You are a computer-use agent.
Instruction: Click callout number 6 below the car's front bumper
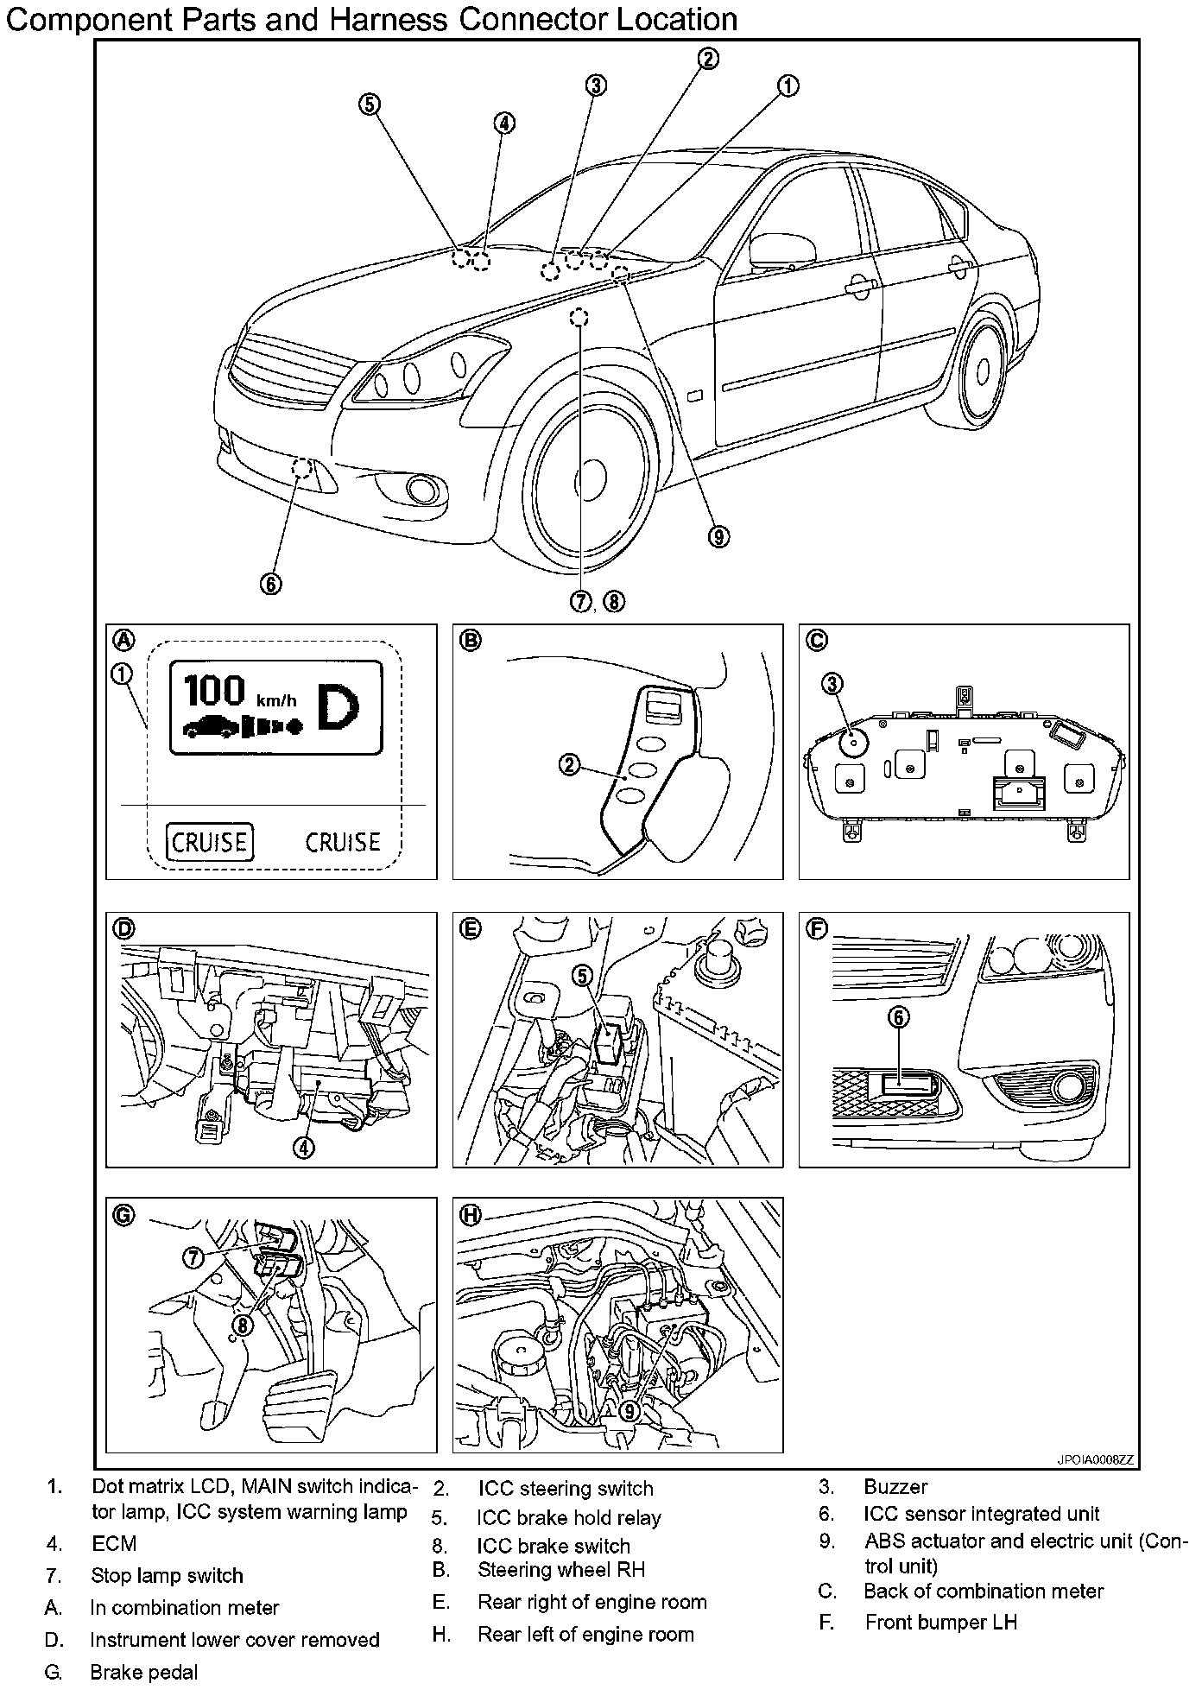[270, 584]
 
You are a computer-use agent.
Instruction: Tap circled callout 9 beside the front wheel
[718, 536]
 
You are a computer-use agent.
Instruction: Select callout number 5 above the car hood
[369, 104]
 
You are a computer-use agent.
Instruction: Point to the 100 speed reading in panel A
[216, 690]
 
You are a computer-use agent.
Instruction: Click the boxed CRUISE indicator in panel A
[210, 842]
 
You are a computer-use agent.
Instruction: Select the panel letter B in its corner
[471, 641]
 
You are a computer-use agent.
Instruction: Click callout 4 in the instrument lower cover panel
[303, 1146]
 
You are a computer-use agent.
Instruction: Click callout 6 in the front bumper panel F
[898, 1018]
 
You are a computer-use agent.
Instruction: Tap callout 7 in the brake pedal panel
[193, 1257]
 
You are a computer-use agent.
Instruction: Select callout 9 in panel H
[630, 1410]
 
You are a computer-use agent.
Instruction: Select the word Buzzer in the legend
[895, 1487]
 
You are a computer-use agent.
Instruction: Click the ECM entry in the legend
[114, 1543]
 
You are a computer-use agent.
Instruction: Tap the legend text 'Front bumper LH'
[940, 1623]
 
